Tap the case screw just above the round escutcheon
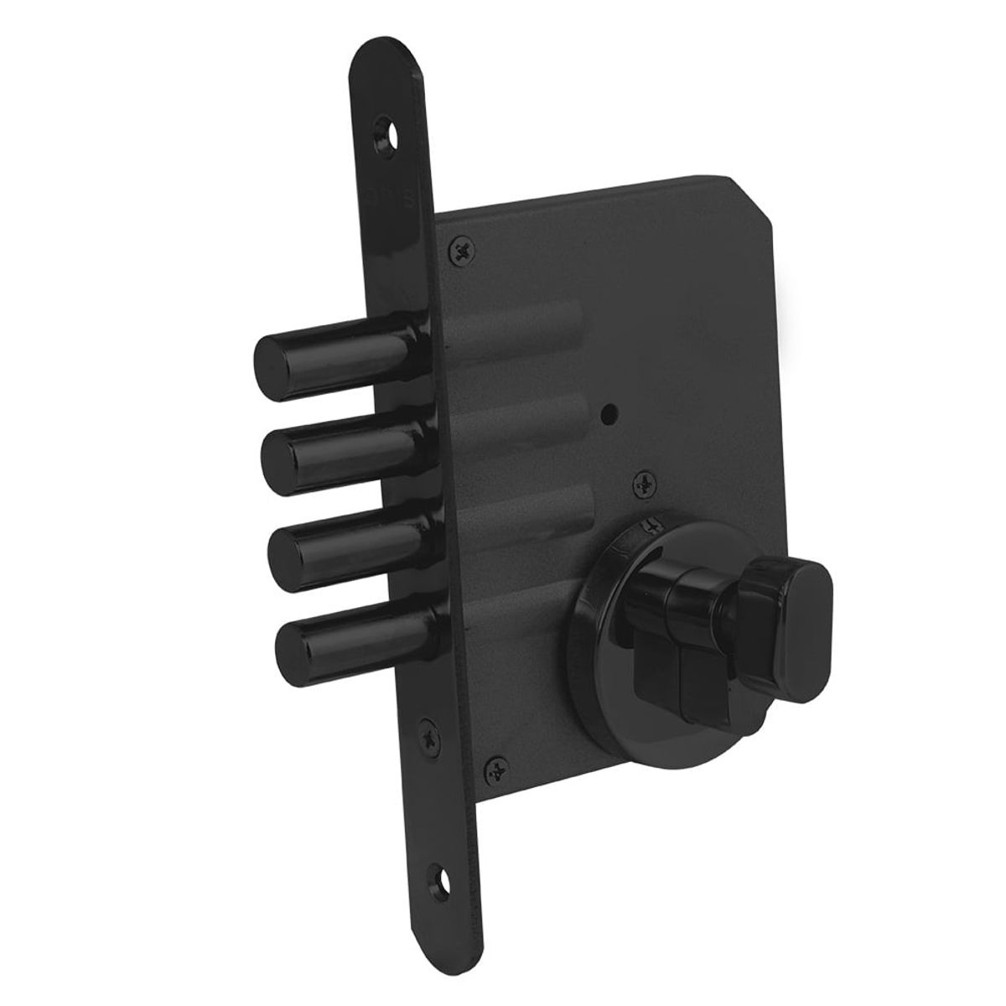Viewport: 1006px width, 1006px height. (646, 483)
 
